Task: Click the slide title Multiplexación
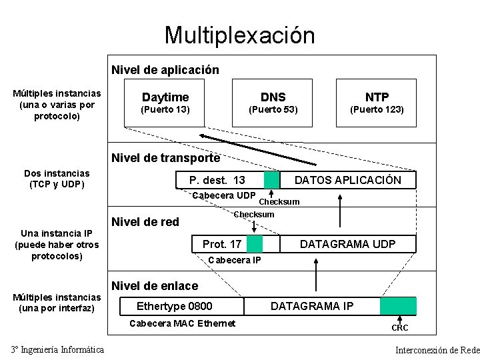239,35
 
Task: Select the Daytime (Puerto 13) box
165,103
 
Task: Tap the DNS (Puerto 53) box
273,103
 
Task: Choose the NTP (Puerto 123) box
377,103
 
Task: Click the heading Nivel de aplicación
165,69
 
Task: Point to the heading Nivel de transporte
165,158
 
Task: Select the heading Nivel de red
145,222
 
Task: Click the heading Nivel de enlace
155,286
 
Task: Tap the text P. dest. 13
217,180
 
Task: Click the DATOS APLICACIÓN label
347,180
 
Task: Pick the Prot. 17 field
222,244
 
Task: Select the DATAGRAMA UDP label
347,244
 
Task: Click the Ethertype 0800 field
174,306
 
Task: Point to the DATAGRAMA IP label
312,306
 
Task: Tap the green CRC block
398,306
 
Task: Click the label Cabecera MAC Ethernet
181,323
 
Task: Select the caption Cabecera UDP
223,195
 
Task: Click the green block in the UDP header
271,180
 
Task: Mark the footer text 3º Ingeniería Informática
57,350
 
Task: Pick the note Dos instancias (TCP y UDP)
56,179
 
